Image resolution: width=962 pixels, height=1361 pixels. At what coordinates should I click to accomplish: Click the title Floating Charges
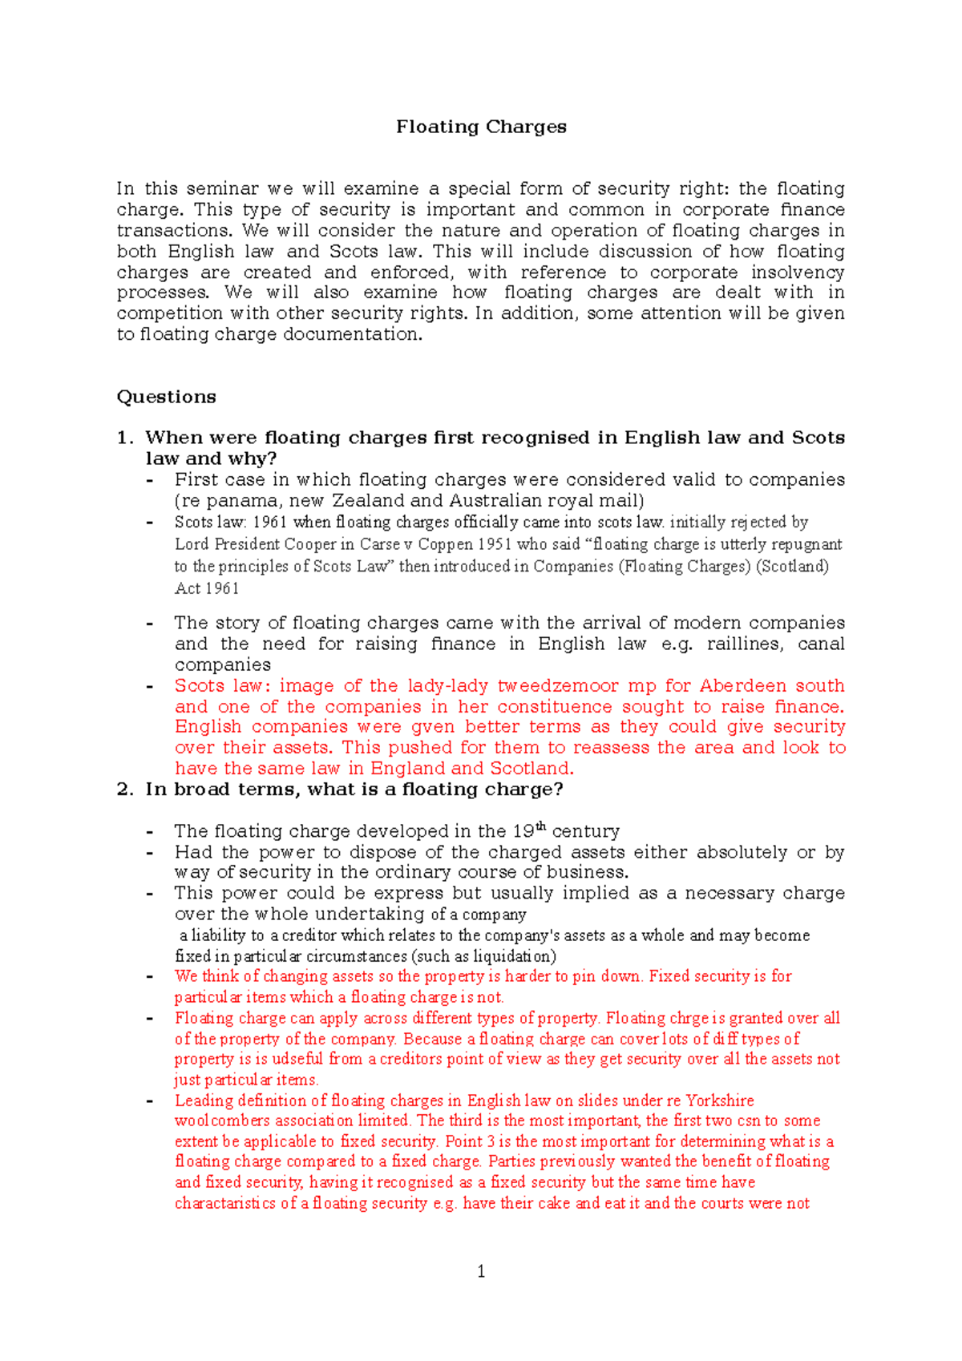[481, 127]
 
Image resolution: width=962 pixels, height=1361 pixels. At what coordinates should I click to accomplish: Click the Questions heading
[166, 397]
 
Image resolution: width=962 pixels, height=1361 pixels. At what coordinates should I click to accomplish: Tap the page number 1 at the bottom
[481, 1271]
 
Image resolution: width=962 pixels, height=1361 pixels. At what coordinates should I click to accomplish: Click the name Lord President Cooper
[253, 544]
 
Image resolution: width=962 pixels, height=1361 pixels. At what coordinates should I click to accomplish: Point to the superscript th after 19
[541, 826]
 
